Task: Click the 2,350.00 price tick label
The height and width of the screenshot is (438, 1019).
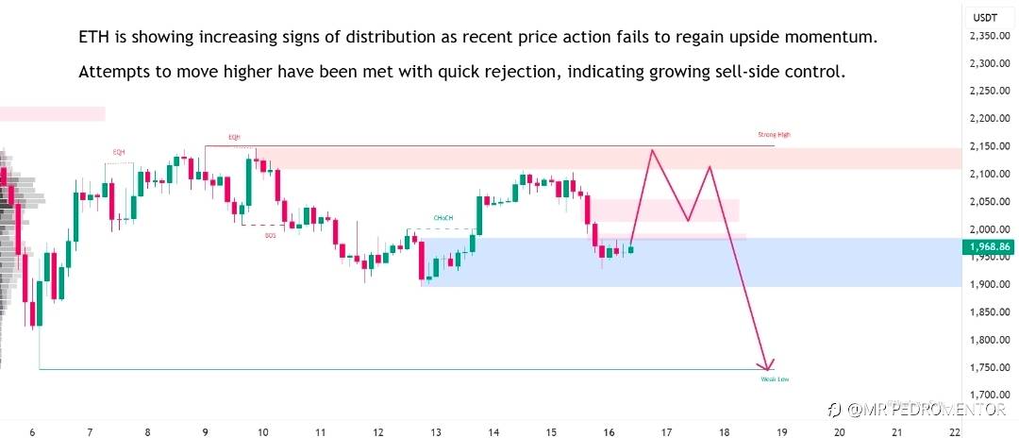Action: point(990,36)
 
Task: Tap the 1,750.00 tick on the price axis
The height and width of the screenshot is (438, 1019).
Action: point(990,367)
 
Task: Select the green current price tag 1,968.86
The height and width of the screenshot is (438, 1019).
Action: point(989,247)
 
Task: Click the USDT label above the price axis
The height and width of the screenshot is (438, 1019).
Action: point(986,17)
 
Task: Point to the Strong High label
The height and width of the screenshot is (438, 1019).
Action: point(774,135)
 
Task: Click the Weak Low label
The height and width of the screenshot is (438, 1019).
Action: point(775,379)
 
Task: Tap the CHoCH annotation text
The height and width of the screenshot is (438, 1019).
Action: point(443,218)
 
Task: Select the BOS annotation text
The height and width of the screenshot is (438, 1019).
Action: point(271,234)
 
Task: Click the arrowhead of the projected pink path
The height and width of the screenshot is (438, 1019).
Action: point(769,365)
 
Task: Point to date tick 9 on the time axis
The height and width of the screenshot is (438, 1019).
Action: point(205,432)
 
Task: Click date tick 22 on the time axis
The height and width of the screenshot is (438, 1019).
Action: point(955,432)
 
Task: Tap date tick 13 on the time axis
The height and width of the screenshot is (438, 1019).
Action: point(436,432)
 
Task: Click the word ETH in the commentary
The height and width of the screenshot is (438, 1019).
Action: point(92,38)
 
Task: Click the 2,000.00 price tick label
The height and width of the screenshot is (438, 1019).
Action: point(990,229)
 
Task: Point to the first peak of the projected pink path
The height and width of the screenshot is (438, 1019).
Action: point(651,150)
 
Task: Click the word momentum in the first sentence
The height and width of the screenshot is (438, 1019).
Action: point(836,38)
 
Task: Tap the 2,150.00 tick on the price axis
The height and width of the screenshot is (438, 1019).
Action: point(990,146)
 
